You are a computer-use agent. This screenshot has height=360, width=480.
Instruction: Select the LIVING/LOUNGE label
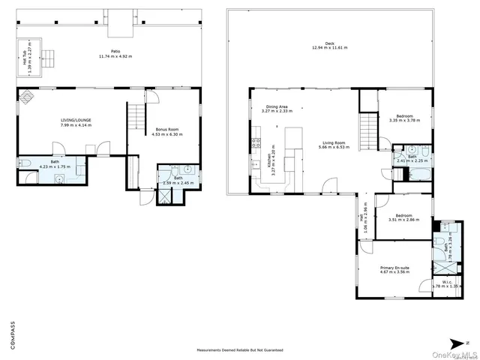click(76, 119)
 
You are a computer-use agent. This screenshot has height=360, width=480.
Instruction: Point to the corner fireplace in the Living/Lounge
click(25, 96)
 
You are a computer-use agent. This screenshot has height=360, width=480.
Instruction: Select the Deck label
click(325, 43)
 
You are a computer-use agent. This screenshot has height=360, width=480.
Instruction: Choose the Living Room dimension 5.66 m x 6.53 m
click(334, 148)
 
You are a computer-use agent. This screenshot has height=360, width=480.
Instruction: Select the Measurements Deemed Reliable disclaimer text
click(239, 350)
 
